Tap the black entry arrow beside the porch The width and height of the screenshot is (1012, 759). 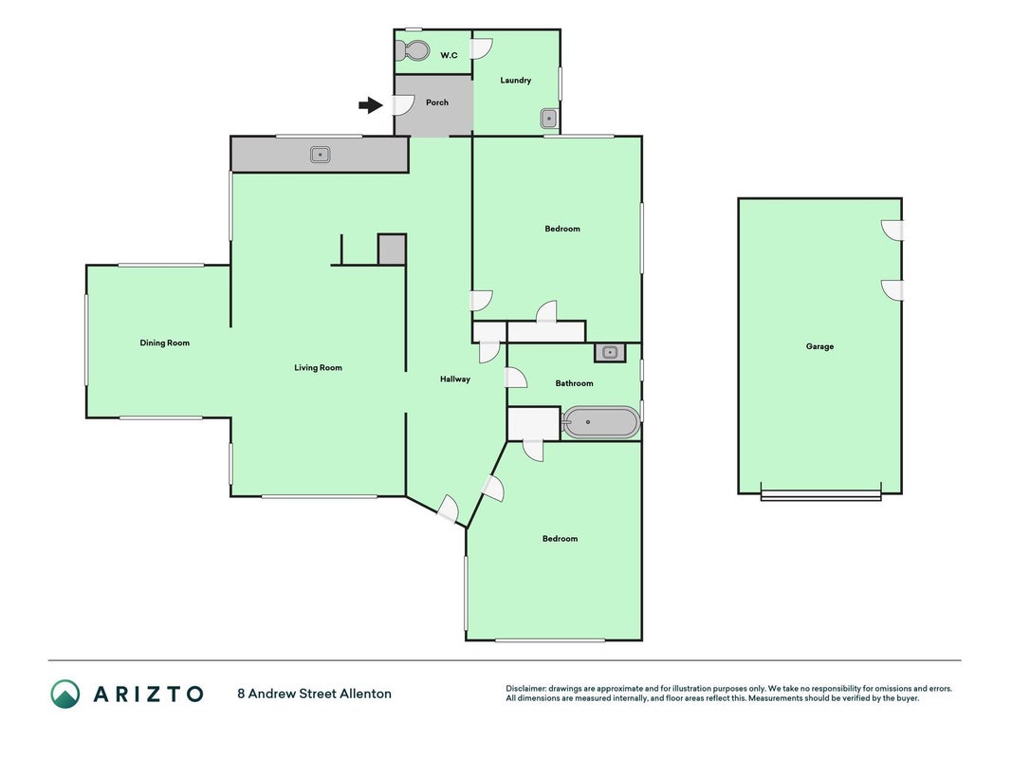371,104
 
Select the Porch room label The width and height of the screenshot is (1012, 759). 437,102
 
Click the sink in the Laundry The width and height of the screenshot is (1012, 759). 548,119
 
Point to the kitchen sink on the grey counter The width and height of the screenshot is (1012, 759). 321,155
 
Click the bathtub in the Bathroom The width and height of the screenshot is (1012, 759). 600,422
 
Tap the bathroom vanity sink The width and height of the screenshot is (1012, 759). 610,352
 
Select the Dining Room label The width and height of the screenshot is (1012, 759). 165,342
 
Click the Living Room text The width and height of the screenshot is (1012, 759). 318,368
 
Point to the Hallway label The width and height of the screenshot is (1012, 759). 455,379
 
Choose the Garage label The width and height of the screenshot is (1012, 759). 819,346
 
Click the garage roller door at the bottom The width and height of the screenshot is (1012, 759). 821,494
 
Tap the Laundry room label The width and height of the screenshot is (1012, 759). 516,80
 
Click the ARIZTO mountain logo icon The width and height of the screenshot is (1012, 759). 65,694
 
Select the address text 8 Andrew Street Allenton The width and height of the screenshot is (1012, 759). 314,694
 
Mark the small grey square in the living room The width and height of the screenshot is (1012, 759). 392,250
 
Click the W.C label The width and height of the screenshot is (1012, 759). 450,56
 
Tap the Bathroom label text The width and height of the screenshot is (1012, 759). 575,383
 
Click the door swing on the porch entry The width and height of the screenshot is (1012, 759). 403,105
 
